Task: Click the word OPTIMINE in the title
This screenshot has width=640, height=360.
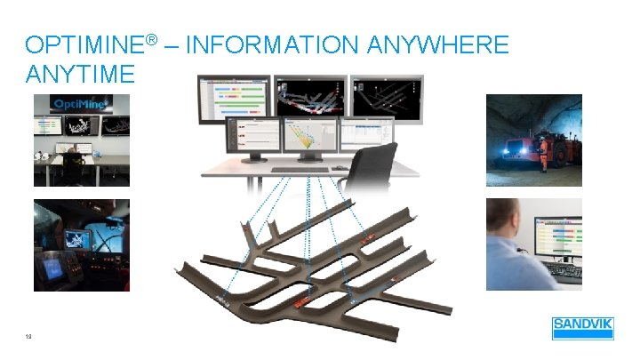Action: click(85, 44)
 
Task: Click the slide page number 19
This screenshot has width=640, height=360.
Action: click(31, 336)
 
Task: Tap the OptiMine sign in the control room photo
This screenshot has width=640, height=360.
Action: click(81, 104)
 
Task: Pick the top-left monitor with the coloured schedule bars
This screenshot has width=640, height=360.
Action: click(233, 98)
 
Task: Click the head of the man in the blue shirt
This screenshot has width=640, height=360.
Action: click(504, 218)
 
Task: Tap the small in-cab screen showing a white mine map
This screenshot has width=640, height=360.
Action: click(76, 239)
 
